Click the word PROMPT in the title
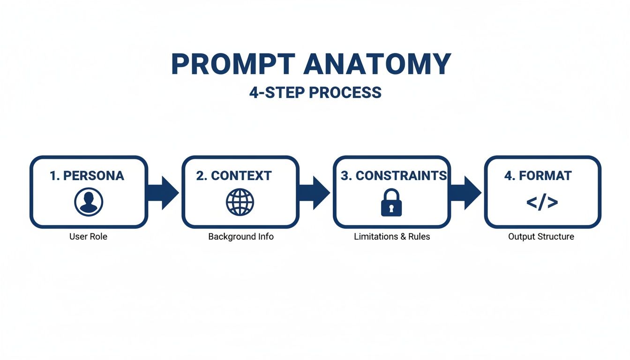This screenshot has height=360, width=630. pyautogui.click(x=233, y=64)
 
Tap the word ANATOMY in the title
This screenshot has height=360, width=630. pyautogui.click(x=377, y=64)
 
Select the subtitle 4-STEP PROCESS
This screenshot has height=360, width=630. pyautogui.click(x=315, y=92)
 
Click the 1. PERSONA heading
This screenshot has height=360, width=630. pyautogui.click(x=87, y=176)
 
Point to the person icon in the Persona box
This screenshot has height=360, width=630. pyautogui.click(x=89, y=202)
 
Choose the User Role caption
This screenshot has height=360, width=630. pyautogui.click(x=88, y=237)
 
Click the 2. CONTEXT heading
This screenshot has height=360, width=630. pyautogui.click(x=234, y=176)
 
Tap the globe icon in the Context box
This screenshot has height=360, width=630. pyautogui.click(x=240, y=202)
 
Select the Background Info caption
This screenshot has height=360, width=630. pyautogui.click(x=241, y=237)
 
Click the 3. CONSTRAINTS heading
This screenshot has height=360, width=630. pyautogui.click(x=394, y=176)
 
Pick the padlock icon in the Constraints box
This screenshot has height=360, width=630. pyautogui.click(x=391, y=202)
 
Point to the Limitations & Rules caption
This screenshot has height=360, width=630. pyautogui.click(x=392, y=237)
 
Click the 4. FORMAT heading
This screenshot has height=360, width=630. pyautogui.click(x=538, y=176)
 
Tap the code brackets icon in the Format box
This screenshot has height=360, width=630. pyautogui.click(x=542, y=202)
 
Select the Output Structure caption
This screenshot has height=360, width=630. pyautogui.click(x=541, y=237)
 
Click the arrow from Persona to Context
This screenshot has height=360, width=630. pyautogui.click(x=164, y=193)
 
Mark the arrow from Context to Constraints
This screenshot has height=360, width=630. pyautogui.click(x=315, y=193)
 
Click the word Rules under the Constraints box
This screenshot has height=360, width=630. pyautogui.click(x=419, y=237)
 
